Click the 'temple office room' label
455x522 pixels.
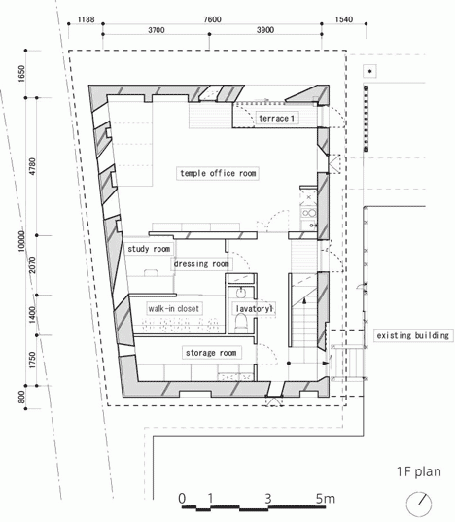pos(218,173)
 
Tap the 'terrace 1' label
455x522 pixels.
pos(276,119)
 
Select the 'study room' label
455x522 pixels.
pos(149,249)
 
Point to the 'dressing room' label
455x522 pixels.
pos(201,264)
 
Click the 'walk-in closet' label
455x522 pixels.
pos(173,308)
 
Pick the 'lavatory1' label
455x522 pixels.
pos(254,309)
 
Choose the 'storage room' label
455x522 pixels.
pos(211,353)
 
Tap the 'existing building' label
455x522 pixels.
pos(413,335)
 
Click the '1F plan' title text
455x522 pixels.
pos(419,471)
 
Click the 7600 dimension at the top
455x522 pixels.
pos(212,19)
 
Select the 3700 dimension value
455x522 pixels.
pos(157,30)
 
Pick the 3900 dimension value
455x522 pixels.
pos(265,30)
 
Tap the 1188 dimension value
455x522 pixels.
pos(86,19)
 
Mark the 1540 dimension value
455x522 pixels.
pos(343,19)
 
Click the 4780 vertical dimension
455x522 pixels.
pos(32,167)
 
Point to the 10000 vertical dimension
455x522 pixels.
pos(21,241)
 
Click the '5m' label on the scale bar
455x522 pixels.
pos(326,499)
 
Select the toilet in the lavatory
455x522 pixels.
pos(241,323)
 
